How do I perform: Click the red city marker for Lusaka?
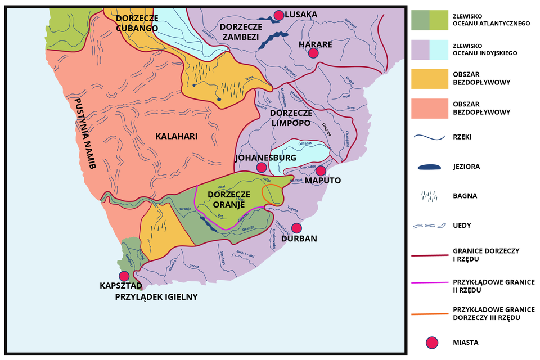278,15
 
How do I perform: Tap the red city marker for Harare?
313,53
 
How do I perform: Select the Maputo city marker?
320,170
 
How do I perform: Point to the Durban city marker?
296,228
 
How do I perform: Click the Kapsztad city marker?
124,276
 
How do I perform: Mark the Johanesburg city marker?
261,167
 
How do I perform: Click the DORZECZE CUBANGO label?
138,24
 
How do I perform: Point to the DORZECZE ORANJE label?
228,199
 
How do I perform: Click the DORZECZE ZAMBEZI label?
240,31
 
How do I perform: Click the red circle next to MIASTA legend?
431,342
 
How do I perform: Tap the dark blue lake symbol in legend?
430,166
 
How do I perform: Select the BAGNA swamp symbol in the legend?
430,196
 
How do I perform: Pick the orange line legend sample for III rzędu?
430,313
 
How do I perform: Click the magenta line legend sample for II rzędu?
430,283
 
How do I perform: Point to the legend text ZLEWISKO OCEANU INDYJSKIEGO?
484,49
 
